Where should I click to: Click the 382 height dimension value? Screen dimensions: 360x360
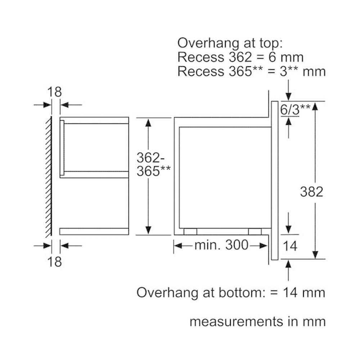click(311, 192)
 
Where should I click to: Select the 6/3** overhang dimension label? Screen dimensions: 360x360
click(295, 109)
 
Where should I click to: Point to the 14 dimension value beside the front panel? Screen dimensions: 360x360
click(290, 246)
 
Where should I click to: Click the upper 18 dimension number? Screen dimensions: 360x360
click(54, 92)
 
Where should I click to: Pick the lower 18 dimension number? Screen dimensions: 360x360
click(54, 261)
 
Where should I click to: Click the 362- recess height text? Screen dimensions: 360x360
click(150, 158)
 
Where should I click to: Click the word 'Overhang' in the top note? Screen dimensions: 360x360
click(208, 44)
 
